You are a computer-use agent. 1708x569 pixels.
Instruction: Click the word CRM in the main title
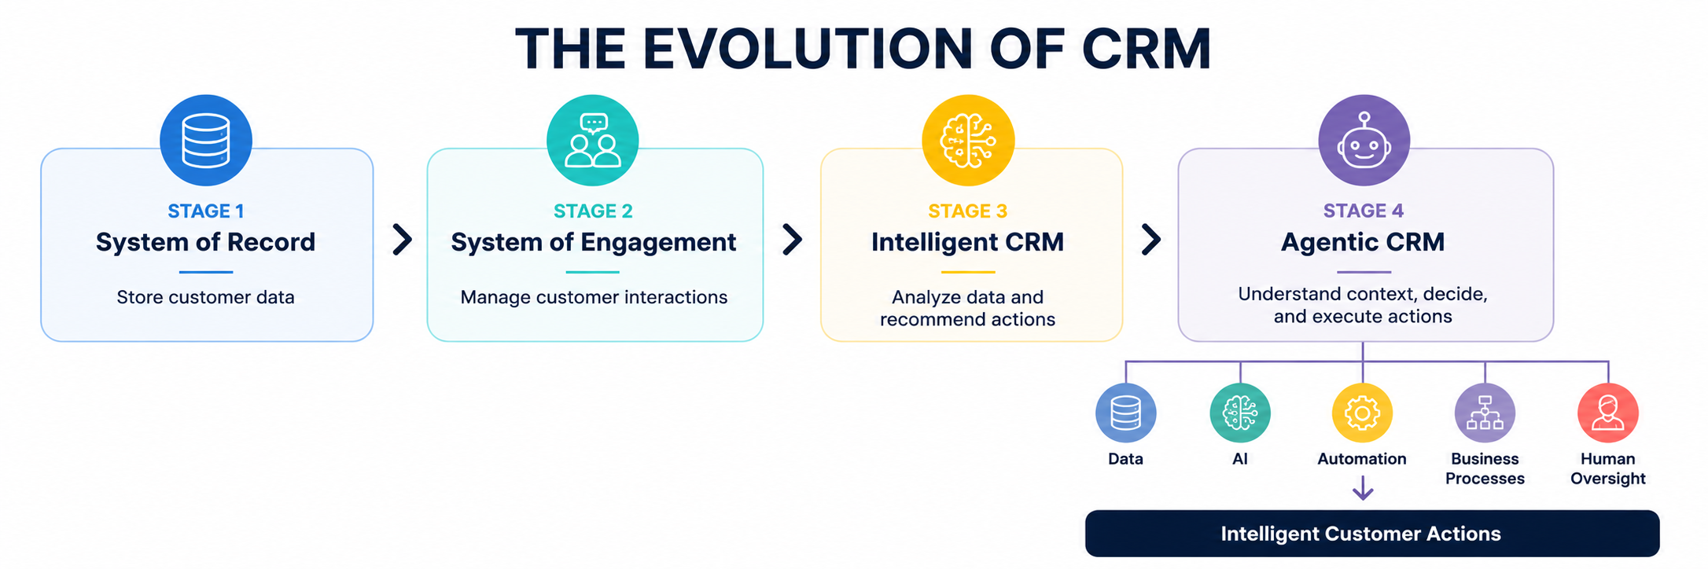point(1147,49)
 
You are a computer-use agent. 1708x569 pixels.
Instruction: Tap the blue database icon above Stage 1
point(206,141)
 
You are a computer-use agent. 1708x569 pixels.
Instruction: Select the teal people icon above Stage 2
point(593,141)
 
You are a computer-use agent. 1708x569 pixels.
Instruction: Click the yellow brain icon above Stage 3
point(968,141)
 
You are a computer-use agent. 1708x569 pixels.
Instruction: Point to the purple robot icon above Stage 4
point(1364,141)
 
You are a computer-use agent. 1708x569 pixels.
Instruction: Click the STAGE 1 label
point(206,211)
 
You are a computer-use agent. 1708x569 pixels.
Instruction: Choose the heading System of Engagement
point(594,242)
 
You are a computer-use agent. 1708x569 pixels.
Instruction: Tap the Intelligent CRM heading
point(968,242)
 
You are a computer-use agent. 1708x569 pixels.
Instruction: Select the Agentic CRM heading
point(1363,242)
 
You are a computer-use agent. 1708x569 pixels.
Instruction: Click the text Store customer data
point(205,297)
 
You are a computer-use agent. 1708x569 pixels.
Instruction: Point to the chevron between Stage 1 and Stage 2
point(402,240)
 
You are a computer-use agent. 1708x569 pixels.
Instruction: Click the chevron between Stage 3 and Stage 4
point(1150,240)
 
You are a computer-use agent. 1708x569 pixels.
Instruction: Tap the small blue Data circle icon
point(1125,413)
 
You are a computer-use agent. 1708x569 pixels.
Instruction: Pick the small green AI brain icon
point(1240,413)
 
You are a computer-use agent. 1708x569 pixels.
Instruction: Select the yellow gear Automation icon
point(1362,413)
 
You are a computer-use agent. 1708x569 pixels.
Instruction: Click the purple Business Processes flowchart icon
point(1485,413)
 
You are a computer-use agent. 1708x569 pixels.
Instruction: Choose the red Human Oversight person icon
point(1608,413)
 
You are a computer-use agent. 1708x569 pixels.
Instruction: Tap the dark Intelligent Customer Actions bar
point(1372,534)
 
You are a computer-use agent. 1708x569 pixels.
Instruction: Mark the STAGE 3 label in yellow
point(968,211)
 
